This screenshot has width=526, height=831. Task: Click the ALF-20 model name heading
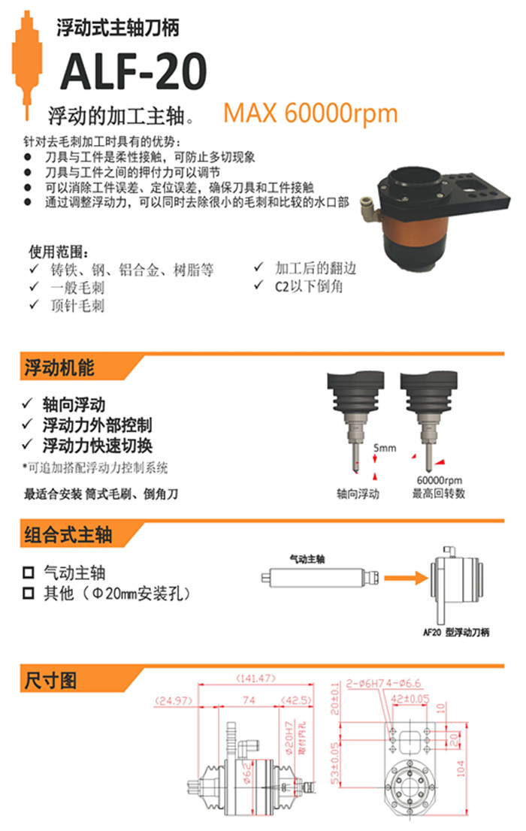pyautogui.click(x=132, y=73)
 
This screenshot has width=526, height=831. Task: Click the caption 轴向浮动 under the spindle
pyautogui.click(x=358, y=494)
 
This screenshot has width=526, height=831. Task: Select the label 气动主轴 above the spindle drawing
pyautogui.click(x=308, y=559)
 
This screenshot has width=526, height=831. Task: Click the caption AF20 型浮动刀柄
pyautogui.click(x=455, y=633)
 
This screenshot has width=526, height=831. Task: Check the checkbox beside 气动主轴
pyautogui.click(x=29, y=573)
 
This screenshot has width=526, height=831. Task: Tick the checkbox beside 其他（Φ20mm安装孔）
pyautogui.click(x=29, y=594)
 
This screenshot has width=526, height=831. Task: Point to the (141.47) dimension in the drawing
pyautogui.click(x=255, y=678)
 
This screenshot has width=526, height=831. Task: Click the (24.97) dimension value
pyautogui.click(x=174, y=701)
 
